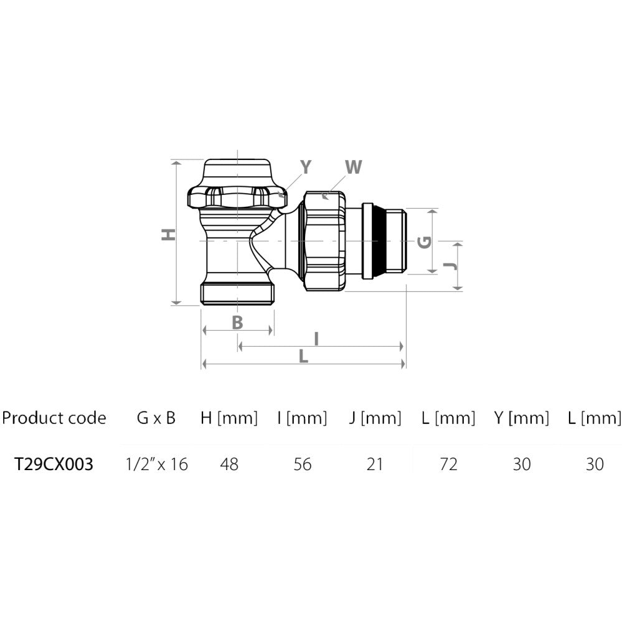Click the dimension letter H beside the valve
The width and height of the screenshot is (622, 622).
(169, 235)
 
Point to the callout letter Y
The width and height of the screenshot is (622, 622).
(306, 167)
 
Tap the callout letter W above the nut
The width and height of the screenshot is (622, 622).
(354, 167)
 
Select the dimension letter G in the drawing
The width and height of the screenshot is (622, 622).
(425, 242)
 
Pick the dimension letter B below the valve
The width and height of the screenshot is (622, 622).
(237, 323)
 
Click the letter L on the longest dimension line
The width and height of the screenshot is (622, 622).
(303, 356)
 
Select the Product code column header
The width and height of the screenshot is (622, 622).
(54, 418)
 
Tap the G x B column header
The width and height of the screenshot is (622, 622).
(156, 418)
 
